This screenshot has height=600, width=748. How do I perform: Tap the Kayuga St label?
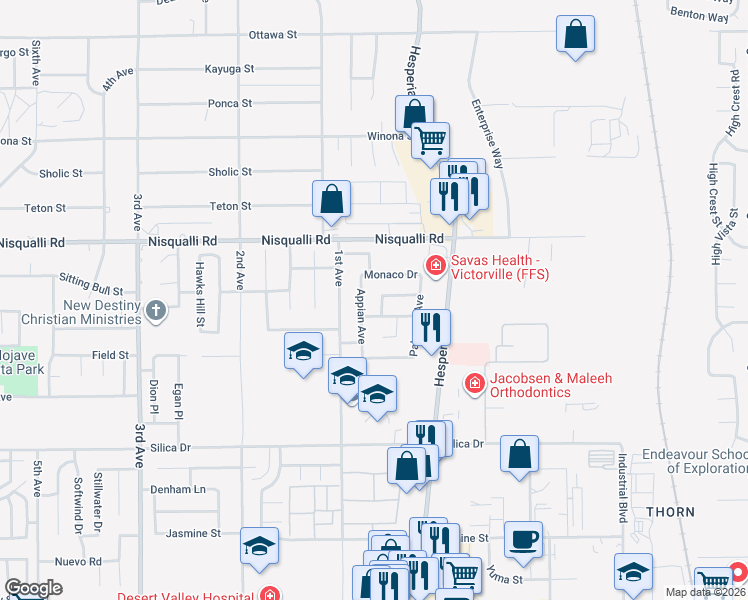click(229, 69)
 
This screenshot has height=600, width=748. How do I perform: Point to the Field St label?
click(110, 355)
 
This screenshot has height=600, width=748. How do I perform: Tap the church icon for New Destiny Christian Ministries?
click(155, 311)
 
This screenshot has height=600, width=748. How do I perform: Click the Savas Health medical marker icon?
click(435, 266)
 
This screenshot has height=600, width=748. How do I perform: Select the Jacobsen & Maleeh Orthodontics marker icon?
click(473, 383)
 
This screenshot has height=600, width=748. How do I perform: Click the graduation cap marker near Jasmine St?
click(259, 545)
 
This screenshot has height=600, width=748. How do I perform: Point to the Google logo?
click(33, 588)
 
